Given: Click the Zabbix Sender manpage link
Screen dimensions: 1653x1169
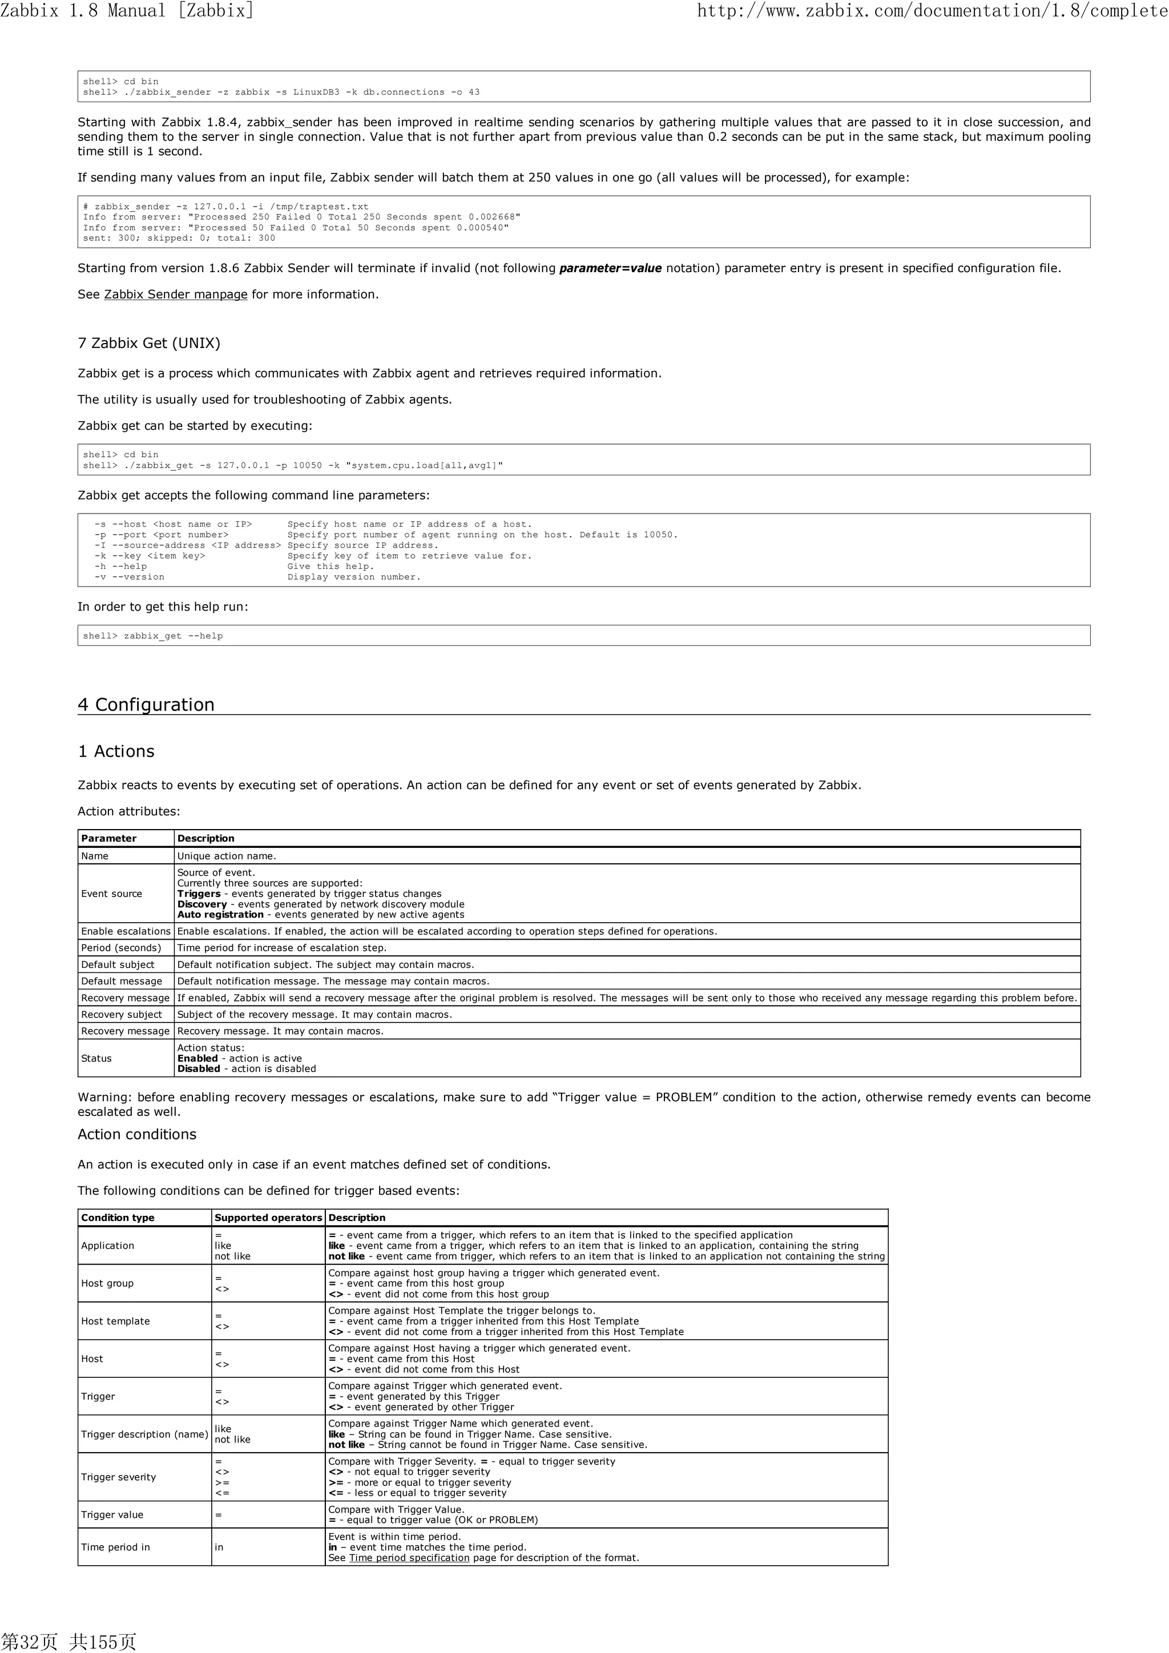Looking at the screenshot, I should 175,294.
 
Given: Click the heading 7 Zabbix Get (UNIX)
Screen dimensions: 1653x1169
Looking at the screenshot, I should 149,343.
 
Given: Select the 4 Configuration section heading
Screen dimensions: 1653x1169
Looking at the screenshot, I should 146,704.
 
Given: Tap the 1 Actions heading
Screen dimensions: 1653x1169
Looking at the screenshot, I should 116,751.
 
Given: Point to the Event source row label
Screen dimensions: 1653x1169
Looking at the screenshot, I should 112,894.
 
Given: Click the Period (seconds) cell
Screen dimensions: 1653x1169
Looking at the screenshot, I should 121,947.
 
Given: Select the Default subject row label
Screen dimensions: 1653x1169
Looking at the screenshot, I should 118,964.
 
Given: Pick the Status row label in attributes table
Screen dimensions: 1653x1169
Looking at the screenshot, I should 96,1058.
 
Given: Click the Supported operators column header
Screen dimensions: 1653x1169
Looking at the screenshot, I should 268,1218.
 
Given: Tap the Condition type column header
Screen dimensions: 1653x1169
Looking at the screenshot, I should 118,1218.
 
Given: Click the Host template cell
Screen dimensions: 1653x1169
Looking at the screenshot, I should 115,1321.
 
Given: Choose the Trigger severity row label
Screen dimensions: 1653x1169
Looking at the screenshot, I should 118,1477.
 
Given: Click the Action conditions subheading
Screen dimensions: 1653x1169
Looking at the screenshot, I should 137,1134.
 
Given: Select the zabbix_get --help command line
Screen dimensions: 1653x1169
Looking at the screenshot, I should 173,636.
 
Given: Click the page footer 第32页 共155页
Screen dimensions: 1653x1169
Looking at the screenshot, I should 68,1641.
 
